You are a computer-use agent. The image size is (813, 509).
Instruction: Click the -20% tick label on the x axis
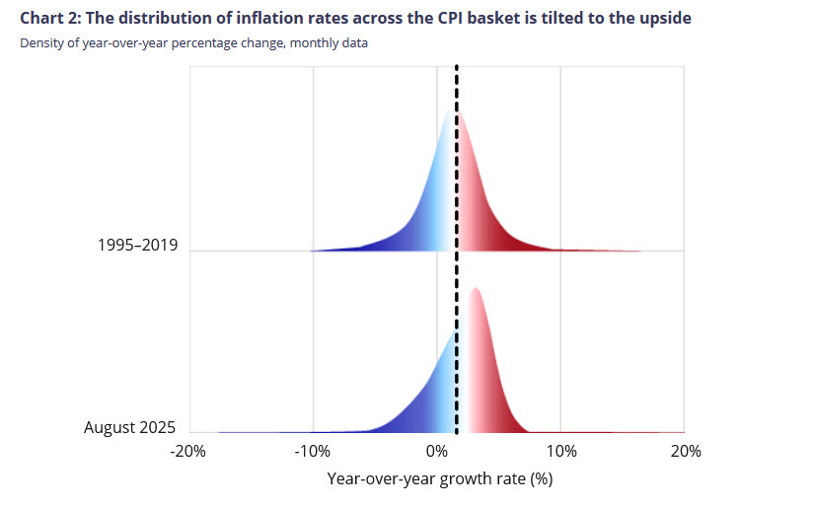pyautogui.click(x=186, y=451)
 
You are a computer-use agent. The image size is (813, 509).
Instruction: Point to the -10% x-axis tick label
pyautogui.click(x=312, y=451)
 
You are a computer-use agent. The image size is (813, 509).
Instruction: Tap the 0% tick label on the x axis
pyautogui.click(x=437, y=451)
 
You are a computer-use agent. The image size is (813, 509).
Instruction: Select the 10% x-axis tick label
pyautogui.click(x=560, y=451)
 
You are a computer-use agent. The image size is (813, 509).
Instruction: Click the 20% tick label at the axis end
pyautogui.click(x=685, y=451)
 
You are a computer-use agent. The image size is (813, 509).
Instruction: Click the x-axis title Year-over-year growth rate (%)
pyautogui.click(x=439, y=479)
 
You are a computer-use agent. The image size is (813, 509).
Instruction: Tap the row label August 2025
pyautogui.click(x=129, y=427)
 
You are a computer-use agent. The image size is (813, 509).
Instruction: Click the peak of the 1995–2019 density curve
pyautogui.click(x=454, y=111)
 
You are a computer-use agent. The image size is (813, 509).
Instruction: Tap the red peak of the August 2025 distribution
pyautogui.click(x=476, y=290)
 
